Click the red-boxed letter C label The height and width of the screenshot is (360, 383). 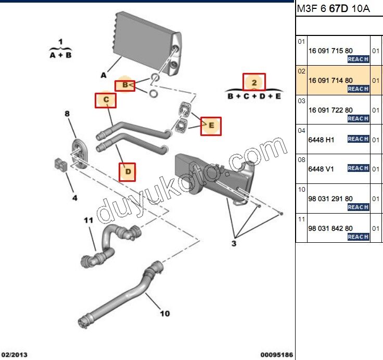point(106,100)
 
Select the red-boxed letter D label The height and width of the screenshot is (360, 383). point(127,171)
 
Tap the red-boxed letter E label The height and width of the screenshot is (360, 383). point(211,126)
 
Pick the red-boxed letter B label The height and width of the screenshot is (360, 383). point(125,84)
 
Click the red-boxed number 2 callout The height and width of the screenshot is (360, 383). point(254,82)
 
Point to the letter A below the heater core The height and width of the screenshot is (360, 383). point(104,75)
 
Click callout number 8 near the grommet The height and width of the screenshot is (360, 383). point(67,114)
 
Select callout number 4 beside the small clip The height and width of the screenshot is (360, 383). point(74,197)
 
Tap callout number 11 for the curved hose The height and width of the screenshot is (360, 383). point(88,220)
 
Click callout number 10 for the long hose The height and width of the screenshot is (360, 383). point(164,313)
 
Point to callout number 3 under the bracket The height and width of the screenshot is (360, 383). point(234,243)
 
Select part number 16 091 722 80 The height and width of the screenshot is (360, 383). point(330,110)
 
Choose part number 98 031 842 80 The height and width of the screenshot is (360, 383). point(330,228)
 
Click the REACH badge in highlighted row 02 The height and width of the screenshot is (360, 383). point(358,89)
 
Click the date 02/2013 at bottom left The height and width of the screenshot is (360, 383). point(14,355)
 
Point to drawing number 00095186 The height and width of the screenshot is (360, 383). point(276,355)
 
